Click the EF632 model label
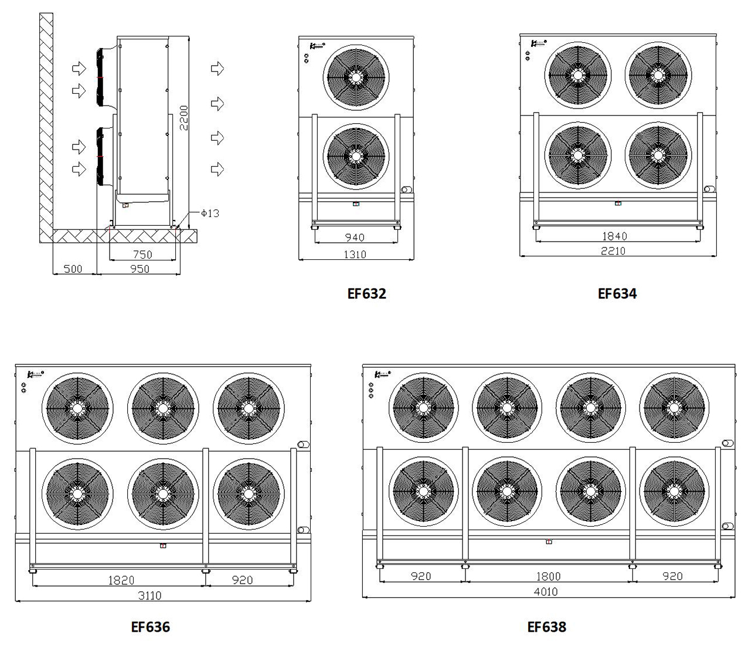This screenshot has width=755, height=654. pyautogui.click(x=367, y=293)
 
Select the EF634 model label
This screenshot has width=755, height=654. pyautogui.click(x=617, y=293)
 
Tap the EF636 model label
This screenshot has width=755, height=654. pyautogui.click(x=151, y=627)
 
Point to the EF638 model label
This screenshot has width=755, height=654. pyautogui.click(x=547, y=627)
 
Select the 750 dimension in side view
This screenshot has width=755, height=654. pyautogui.click(x=142, y=255)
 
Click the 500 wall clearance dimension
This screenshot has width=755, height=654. pyautogui.click(x=73, y=269)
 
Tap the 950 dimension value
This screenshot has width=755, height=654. pyautogui.click(x=140, y=269)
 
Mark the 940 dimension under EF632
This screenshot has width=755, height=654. pyautogui.click(x=355, y=238)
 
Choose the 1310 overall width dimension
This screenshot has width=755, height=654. pyautogui.click(x=355, y=254)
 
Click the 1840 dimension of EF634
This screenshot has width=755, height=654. pyautogui.click(x=614, y=236)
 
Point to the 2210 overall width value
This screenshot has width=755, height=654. pyautogui.click(x=613, y=251)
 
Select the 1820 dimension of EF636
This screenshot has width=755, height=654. pyautogui.click(x=121, y=580)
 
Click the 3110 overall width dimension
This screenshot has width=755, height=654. pyautogui.click(x=149, y=595)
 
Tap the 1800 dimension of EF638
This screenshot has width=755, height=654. pyautogui.click(x=548, y=577)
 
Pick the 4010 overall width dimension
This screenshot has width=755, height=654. pyautogui.click(x=546, y=592)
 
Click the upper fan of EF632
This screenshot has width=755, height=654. pyautogui.click(x=355, y=76)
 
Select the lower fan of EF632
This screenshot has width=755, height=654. pyautogui.click(x=355, y=156)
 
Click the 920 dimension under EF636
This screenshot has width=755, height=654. pyautogui.click(x=242, y=580)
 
